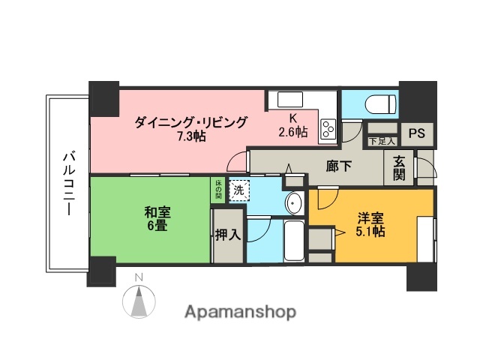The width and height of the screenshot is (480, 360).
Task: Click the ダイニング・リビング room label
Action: (190, 123)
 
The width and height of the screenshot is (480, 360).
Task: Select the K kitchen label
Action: (295, 118)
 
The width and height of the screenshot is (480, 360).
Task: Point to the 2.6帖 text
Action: (292, 132)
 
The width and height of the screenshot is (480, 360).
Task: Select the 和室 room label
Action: (156, 212)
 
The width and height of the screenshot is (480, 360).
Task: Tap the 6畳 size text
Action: (156, 226)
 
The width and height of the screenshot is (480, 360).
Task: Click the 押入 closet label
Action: (227, 235)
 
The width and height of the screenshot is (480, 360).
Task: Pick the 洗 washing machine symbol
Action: (238, 190)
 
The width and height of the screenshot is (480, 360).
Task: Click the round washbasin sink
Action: (294, 202)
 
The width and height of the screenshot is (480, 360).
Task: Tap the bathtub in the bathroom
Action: (294, 240)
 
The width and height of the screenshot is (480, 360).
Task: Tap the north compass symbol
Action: (138, 300)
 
